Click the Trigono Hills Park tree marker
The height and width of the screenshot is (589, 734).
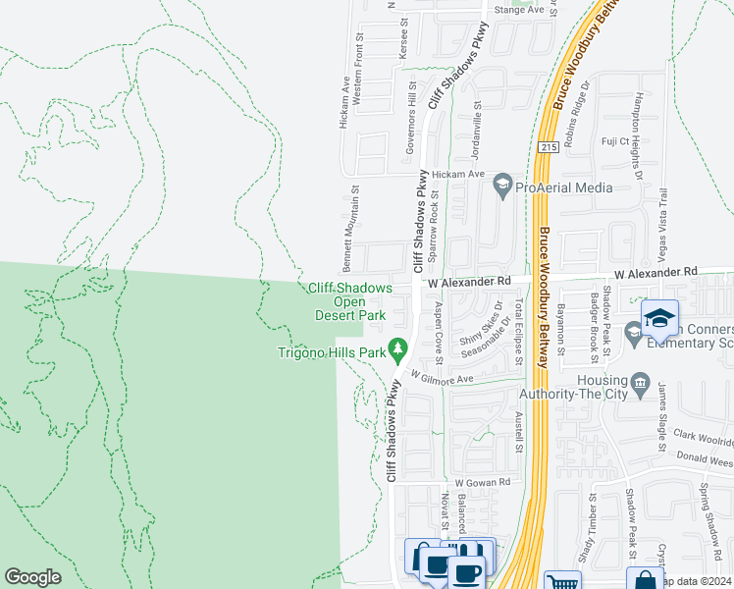pos(397,348)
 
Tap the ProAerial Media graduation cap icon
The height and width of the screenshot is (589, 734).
pos(502,185)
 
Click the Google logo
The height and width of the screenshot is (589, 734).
pos(32,577)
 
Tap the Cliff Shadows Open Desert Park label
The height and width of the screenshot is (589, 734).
pos(351,301)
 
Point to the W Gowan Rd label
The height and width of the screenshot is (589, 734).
pos(483,482)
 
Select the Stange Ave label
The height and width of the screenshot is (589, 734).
pos(519,9)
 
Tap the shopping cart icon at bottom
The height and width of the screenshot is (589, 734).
pos(561,582)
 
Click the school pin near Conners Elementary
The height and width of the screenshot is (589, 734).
pos(660,317)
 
